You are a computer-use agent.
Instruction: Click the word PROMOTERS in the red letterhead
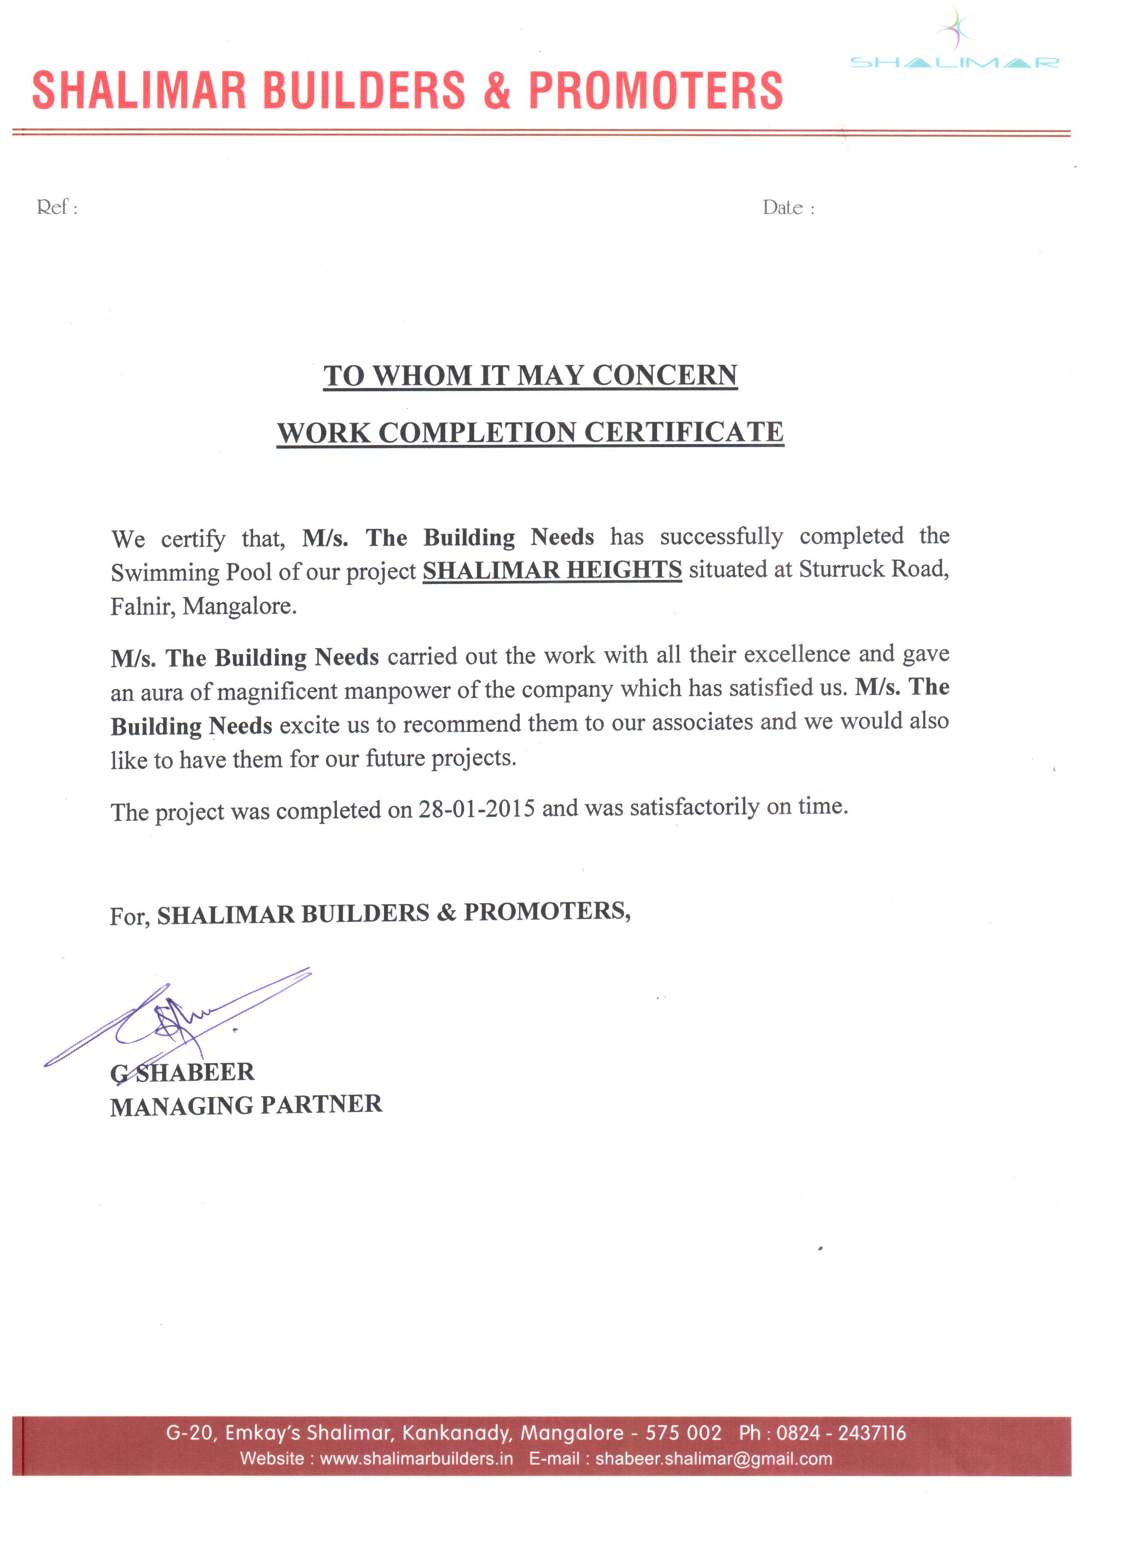click(655, 91)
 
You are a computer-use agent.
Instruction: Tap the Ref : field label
click(57, 207)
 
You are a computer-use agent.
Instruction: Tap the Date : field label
click(788, 208)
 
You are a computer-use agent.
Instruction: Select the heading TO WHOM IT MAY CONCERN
click(530, 375)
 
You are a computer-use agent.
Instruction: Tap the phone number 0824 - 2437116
click(841, 1433)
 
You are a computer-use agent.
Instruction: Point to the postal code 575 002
click(683, 1433)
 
